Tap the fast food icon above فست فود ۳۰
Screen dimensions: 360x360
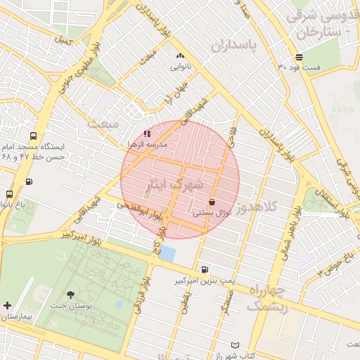[300, 57]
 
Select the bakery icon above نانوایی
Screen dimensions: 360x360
[180, 56]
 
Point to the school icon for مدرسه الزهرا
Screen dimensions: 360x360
[147, 133]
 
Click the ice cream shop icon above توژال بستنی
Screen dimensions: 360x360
[212, 202]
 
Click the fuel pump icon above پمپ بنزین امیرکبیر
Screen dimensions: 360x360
[205, 269]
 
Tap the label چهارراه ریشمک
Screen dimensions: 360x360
[266, 299]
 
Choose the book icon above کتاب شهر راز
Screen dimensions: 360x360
[235, 345]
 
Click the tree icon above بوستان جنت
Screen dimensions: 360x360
[70, 295]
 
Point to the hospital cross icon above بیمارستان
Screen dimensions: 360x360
[7, 306]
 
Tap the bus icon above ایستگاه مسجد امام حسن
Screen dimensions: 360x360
[33, 136]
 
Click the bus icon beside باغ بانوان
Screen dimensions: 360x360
[9, 194]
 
